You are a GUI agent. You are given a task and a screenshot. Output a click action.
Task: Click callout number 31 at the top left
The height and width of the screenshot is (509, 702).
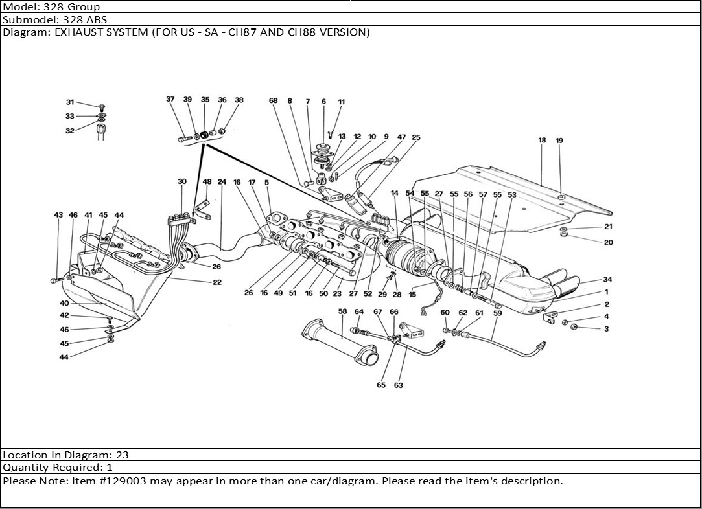(x=70, y=102)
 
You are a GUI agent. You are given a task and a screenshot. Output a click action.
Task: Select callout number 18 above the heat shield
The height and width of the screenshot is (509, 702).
(x=542, y=140)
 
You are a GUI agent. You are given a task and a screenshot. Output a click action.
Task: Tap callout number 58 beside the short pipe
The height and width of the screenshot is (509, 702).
(x=342, y=312)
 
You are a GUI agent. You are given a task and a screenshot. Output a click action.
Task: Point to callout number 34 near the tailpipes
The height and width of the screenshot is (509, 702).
(x=607, y=280)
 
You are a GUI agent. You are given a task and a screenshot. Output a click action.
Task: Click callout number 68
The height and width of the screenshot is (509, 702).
(x=274, y=100)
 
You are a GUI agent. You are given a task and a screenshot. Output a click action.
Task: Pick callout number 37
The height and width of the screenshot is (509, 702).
(x=170, y=100)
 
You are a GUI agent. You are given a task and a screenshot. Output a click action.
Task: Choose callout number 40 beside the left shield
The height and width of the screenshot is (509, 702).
(x=65, y=303)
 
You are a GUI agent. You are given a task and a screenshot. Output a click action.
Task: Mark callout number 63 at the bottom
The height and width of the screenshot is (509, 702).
(x=398, y=385)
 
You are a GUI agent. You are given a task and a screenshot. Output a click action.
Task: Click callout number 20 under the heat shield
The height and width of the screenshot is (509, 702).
(x=608, y=243)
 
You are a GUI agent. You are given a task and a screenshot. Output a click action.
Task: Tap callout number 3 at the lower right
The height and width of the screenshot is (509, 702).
(x=607, y=329)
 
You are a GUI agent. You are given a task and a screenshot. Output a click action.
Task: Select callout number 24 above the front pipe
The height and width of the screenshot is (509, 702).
(x=222, y=182)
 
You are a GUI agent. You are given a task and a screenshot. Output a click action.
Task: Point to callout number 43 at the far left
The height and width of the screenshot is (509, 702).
(x=58, y=215)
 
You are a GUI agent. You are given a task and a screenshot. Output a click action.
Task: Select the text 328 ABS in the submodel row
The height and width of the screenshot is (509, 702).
(x=83, y=19)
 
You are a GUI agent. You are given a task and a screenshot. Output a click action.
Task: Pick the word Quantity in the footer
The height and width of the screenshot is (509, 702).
(x=25, y=468)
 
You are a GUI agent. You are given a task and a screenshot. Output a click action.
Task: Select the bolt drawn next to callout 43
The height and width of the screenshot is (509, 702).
(x=54, y=280)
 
